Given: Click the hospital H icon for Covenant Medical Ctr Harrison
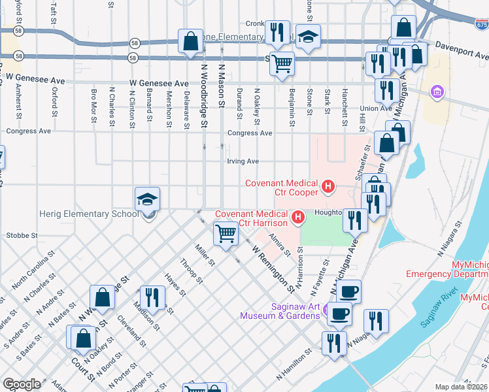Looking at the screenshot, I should [299, 217].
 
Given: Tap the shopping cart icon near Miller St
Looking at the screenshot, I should [226, 233].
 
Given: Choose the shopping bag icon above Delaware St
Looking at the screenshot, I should [190, 42].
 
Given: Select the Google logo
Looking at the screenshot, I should [22, 384].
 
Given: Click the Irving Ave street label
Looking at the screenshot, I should [243, 161].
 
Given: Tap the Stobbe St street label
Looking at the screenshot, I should [22, 235].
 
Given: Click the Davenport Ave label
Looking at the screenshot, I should [457, 47].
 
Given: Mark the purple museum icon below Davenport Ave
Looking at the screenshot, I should [436, 93].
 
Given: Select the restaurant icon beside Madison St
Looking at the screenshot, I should [150, 297].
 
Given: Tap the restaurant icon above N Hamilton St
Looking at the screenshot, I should [334, 342].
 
